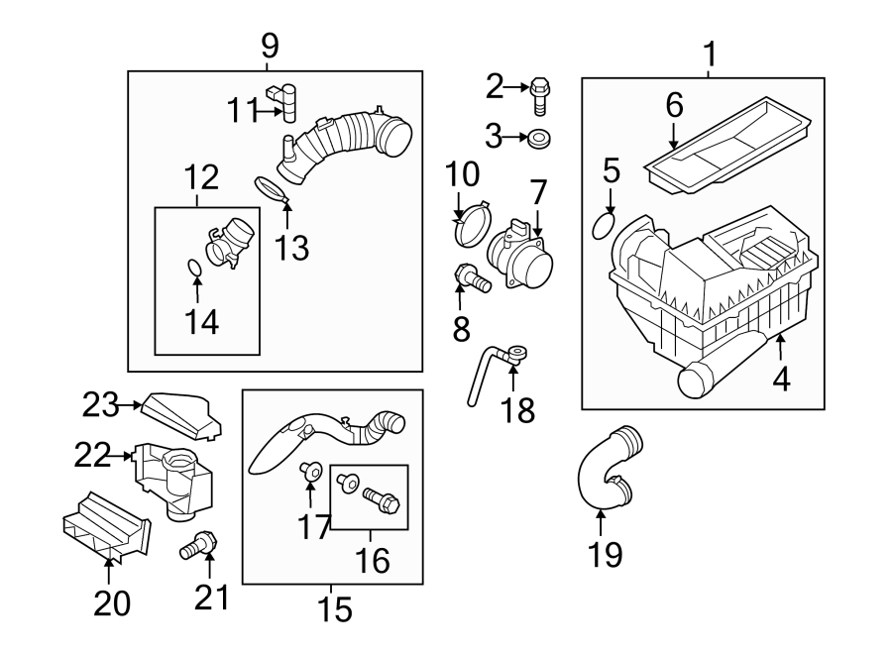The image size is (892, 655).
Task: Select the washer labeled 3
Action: click(x=540, y=137)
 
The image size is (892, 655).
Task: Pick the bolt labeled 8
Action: click(x=473, y=280)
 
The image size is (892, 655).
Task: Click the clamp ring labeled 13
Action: click(x=273, y=188)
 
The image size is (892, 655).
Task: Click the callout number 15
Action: click(x=336, y=609)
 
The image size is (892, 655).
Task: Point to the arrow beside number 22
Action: click(x=124, y=456)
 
